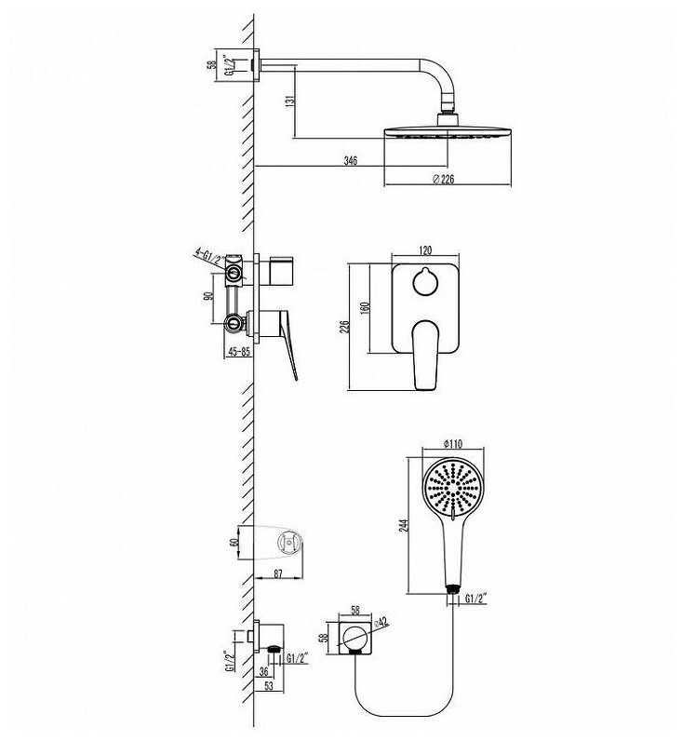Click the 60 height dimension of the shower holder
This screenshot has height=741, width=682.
coord(232,542)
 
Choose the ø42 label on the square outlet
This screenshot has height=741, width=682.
coord(381,622)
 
